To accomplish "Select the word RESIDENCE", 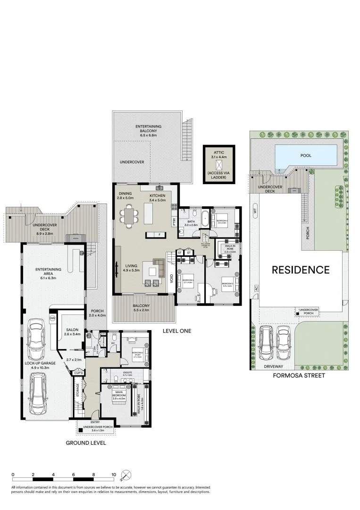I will pyautogui.click(x=300, y=270).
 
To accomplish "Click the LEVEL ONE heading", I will pyautogui.click(x=176, y=331).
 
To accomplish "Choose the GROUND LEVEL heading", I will pyautogui.click(x=85, y=443).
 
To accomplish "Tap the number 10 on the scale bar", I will pyautogui.click(x=113, y=474).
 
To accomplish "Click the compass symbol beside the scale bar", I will pyautogui.click(x=126, y=475).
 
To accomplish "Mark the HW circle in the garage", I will pyautogui.click(x=52, y=319).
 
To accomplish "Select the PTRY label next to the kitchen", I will pyautogui.click(x=174, y=221).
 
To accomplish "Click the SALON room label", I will pyautogui.click(x=73, y=330).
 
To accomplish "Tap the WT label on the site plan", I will pyautogui.click(x=255, y=212).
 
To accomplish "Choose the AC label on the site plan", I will pyautogui.click(x=255, y=288).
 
